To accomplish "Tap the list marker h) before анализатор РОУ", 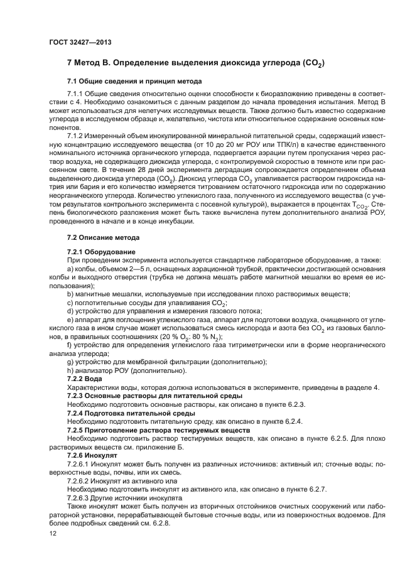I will click(x=70, y=370).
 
